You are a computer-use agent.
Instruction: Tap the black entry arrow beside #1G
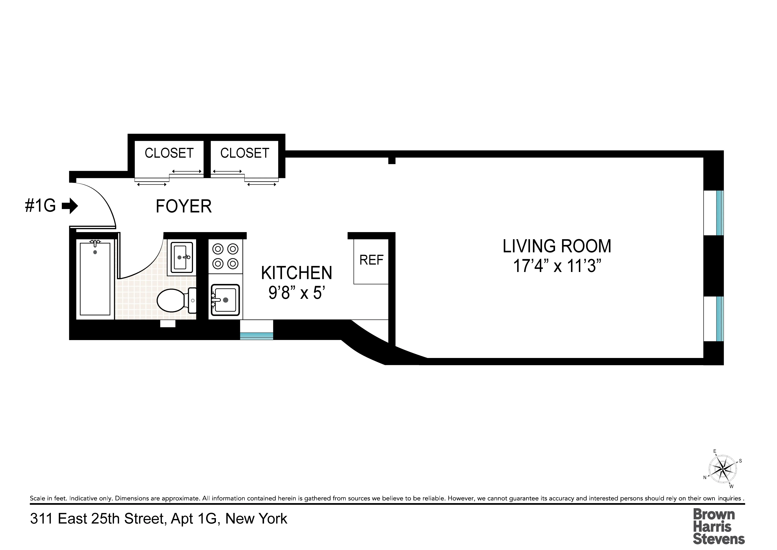(x=70, y=206)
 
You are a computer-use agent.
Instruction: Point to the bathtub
(x=95, y=279)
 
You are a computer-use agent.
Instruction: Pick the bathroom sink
(x=182, y=257)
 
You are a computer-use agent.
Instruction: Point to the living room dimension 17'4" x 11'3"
(x=557, y=266)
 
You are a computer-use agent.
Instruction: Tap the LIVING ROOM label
(x=557, y=246)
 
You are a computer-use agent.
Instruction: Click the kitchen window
(x=256, y=335)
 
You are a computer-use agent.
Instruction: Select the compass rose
(x=723, y=469)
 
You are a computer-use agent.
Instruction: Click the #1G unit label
(x=40, y=206)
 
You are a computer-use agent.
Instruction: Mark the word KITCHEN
(x=296, y=273)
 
